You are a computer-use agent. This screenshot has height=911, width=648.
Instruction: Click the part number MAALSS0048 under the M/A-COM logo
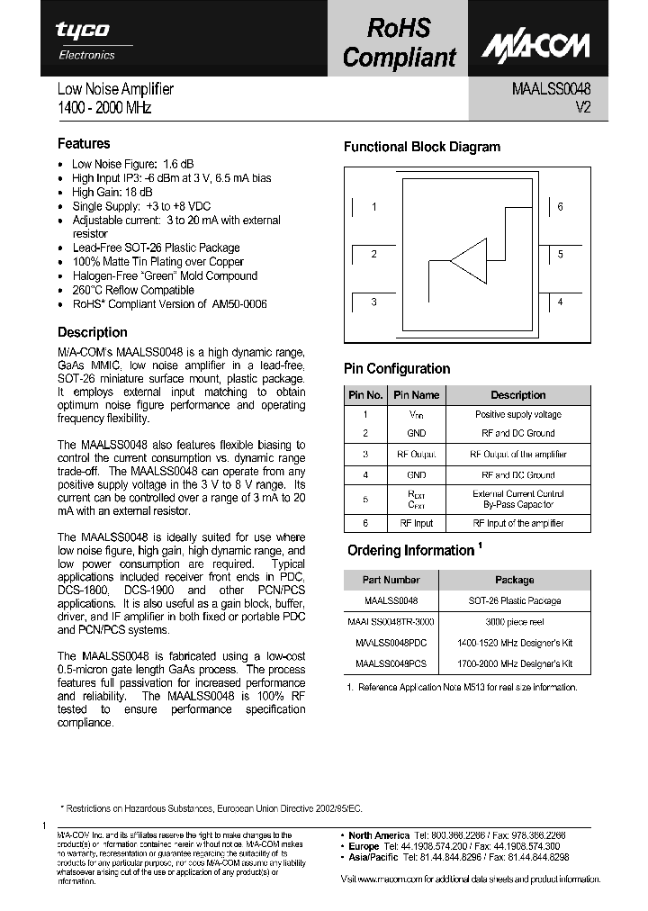[552, 89]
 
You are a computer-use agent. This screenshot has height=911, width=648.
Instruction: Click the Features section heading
[84, 143]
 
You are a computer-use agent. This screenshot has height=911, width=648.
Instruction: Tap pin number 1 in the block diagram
[374, 207]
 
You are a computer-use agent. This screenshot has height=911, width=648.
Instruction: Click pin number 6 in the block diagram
[560, 207]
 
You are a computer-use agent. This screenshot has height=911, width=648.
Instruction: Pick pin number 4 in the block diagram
[560, 302]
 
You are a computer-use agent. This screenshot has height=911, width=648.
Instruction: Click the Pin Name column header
[416, 395]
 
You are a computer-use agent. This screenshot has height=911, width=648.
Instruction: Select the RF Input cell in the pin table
[416, 522]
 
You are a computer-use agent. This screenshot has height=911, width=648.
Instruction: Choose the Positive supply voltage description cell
[517, 415]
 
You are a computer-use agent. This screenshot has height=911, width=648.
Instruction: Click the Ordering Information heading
[410, 550]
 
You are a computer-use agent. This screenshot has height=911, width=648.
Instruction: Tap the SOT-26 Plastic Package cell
[514, 600]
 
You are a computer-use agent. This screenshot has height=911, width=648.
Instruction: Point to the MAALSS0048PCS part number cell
[391, 663]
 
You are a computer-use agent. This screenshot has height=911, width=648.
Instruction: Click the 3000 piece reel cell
[514, 622]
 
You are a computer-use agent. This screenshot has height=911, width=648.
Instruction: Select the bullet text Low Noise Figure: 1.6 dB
[132, 164]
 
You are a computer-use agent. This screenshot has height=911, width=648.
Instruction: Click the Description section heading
[92, 332]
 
